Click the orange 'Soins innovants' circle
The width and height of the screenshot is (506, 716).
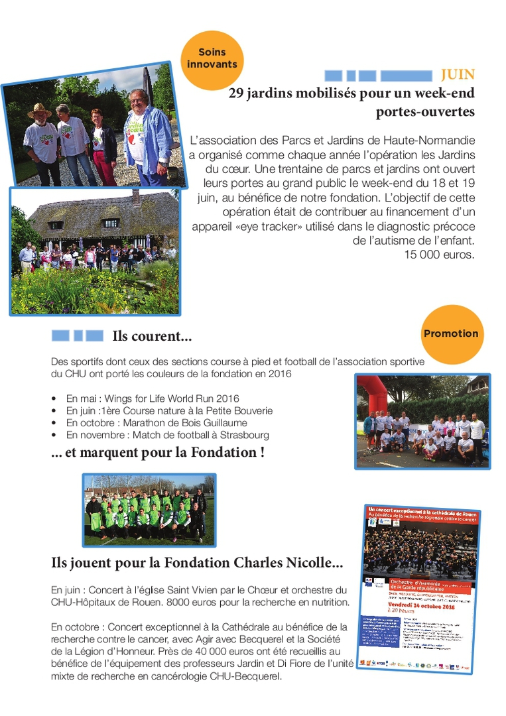click(212, 58)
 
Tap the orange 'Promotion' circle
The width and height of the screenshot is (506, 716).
click(451, 334)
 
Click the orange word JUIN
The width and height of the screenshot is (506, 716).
click(458, 75)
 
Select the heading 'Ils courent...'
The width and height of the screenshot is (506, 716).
click(152, 336)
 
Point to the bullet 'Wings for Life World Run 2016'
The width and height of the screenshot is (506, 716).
click(153, 398)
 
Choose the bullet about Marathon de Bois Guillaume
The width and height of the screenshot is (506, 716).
click(157, 423)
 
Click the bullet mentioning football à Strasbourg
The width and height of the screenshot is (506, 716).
click(168, 435)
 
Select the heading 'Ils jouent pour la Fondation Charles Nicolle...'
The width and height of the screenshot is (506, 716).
click(197, 563)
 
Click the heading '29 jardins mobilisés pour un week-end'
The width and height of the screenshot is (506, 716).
click(351, 93)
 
